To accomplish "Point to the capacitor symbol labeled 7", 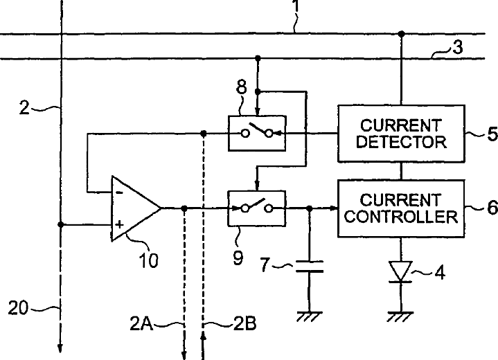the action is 310,267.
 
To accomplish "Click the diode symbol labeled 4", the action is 401,272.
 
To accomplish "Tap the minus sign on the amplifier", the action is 119,192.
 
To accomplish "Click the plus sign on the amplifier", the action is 119,225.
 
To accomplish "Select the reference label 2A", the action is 142,324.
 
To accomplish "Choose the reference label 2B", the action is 245,324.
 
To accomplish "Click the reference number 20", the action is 18,308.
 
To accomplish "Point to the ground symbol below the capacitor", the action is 310,316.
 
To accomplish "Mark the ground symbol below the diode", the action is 400,316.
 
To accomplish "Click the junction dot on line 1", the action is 402,33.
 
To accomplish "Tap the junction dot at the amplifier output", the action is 184,208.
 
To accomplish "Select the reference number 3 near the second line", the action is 458,47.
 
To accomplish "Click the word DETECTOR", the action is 401,142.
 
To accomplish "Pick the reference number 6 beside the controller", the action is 492,208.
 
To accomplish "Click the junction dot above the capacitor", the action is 310,208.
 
